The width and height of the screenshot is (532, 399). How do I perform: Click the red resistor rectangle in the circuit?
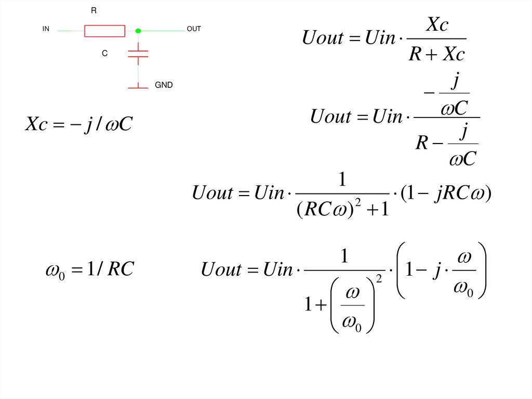pyautogui.click(x=104, y=31)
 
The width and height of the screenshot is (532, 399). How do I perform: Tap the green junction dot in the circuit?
pyautogui.click(x=138, y=31)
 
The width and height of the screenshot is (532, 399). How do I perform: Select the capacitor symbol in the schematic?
pyautogui.click(x=138, y=53)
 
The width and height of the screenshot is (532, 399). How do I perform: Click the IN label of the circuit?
pyautogui.click(x=46, y=30)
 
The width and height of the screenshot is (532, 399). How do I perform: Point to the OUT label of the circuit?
pyautogui.click(x=193, y=30)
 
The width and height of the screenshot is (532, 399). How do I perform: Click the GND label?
pyautogui.click(x=164, y=85)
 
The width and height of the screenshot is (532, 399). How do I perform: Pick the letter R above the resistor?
pyautogui.click(x=94, y=10)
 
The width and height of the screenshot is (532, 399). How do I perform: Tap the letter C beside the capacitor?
pyautogui.click(x=104, y=54)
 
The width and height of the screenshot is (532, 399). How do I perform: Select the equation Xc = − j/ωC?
pyautogui.click(x=79, y=124)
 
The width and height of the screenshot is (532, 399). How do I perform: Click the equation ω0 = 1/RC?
pyautogui.click(x=90, y=269)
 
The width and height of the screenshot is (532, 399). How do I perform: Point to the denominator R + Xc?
pyautogui.click(x=436, y=54)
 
